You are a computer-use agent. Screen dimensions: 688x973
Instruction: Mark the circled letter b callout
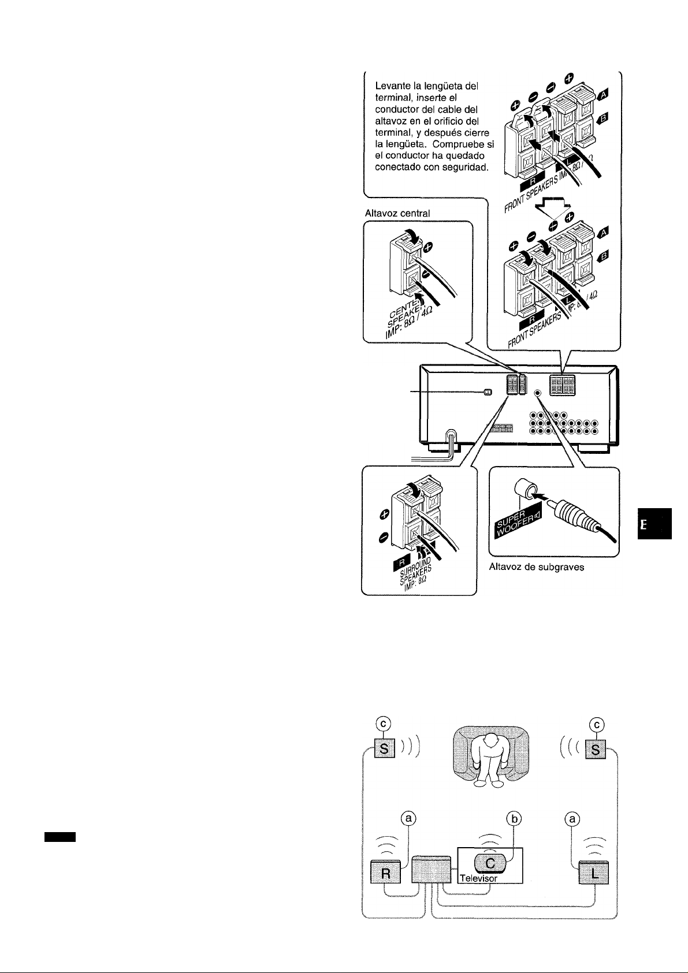click(514, 818)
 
